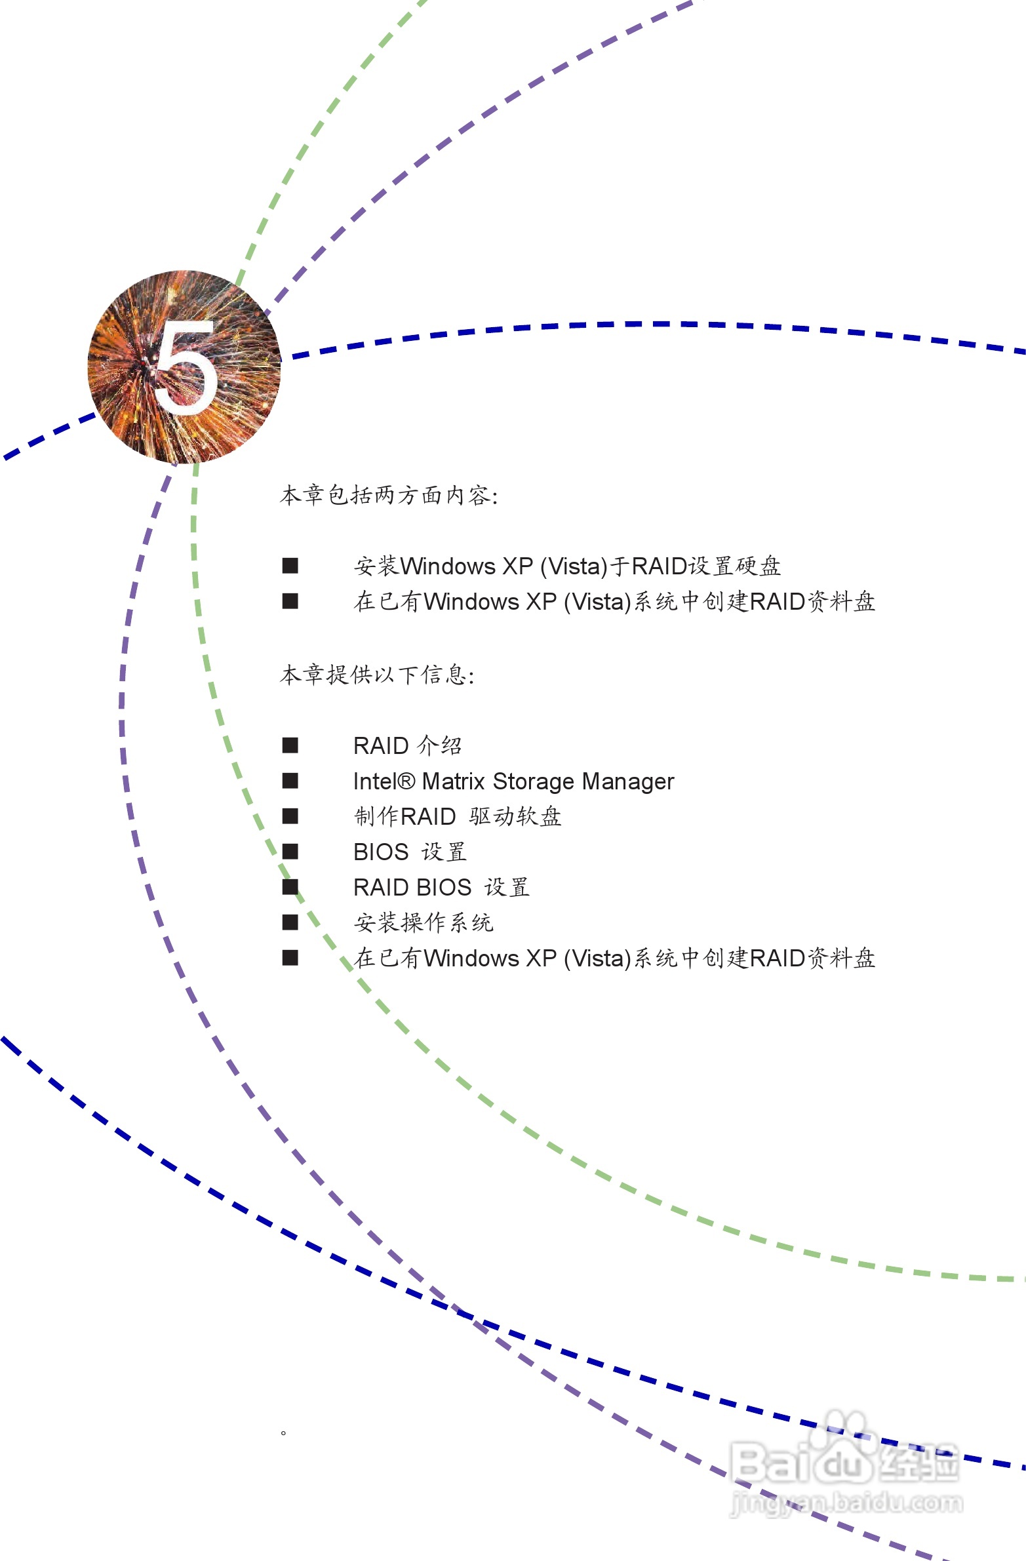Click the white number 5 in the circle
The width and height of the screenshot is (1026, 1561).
pyautogui.click(x=186, y=367)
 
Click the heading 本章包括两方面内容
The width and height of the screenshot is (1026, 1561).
pyautogui.click(x=388, y=495)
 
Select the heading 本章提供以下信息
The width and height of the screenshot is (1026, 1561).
pyautogui.click(x=376, y=674)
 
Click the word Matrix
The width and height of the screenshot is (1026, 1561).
pyautogui.click(x=453, y=781)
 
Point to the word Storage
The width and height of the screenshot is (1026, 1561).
pyautogui.click(x=534, y=781)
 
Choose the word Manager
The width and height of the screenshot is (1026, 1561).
pyautogui.click(x=628, y=781)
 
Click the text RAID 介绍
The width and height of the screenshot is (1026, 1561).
pyautogui.click(x=407, y=745)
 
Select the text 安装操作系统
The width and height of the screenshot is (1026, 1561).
pyautogui.click(x=423, y=923)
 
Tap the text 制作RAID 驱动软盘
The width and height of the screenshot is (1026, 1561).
pyautogui.click(x=457, y=817)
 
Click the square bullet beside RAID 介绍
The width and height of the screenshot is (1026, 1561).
pyautogui.click(x=290, y=745)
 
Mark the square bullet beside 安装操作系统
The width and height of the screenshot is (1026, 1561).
pyautogui.click(x=290, y=923)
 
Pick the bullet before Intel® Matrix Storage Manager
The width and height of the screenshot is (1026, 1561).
pyautogui.click(x=290, y=781)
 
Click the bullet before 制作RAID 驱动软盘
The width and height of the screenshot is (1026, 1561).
pyautogui.click(x=290, y=817)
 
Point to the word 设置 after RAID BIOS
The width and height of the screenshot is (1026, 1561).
pyautogui.click(x=506, y=888)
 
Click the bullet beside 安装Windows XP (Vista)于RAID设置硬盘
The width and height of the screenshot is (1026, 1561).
pyautogui.click(x=290, y=566)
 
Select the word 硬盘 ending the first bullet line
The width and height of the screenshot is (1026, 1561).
pyautogui.click(x=759, y=566)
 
